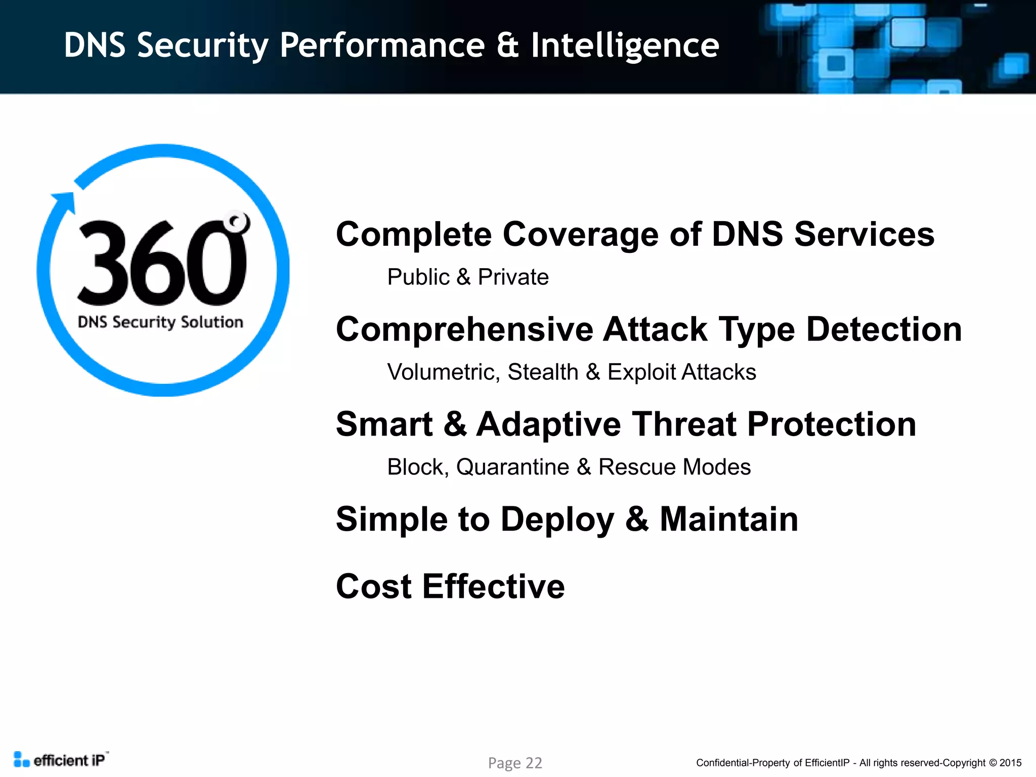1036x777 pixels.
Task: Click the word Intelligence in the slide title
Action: tap(625, 46)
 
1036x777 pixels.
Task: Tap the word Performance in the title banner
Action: tap(382, 46)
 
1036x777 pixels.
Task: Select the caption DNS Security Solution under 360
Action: tap(160, 322)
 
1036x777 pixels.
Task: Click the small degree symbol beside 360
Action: tap(237, 222)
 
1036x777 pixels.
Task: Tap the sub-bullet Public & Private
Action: tap(468, 277)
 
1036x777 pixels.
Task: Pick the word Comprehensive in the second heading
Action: tap(464, 330)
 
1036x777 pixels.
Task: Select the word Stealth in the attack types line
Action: tap(543, 372)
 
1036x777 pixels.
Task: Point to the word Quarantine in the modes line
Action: tap(512, 467)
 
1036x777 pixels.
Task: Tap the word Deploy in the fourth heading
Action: tap(557, 520)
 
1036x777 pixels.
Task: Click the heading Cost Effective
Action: tap(450, 586)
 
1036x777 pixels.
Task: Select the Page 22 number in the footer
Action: tap(515, 763)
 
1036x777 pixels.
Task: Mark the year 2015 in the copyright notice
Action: tap(1010, 763)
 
